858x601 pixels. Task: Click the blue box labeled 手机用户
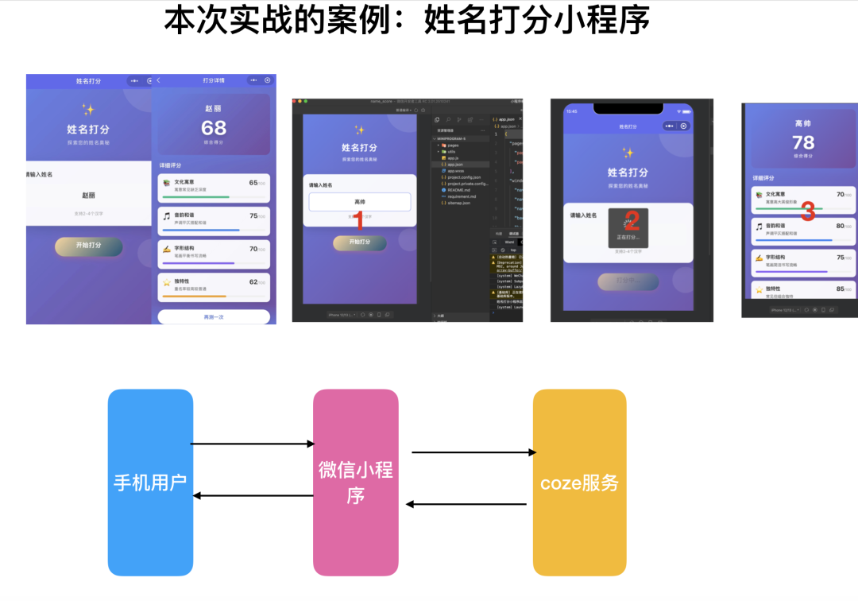[x=150, y=482]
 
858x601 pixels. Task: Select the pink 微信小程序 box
[x=355, y=482]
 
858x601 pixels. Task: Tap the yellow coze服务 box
[x=579, y=482]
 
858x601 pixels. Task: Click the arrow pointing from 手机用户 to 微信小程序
[x=253, y=444]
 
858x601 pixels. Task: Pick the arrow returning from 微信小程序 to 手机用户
[x=253, y=495]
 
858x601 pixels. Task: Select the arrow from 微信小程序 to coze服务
[x=473, y=452]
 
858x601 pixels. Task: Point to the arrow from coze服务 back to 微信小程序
[x=466, y=504]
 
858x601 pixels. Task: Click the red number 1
[x=359, y=220]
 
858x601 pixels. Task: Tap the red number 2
[x=632, y=220]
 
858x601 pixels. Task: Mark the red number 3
[x=808, y=211]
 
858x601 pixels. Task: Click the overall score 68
[x=214, y=128]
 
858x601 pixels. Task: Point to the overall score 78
[x=803, y=142]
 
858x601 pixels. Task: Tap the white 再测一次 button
[x=214, y=317]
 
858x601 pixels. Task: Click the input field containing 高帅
[x=360, y=202]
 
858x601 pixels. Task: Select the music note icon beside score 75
[x=167, y=216]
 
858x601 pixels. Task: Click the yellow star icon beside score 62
[x=167, y=282]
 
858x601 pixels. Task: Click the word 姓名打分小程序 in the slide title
[x=537, y=20]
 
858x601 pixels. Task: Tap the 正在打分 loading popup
[x=628, y=228]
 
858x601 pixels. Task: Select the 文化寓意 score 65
[x=253, y=183]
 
